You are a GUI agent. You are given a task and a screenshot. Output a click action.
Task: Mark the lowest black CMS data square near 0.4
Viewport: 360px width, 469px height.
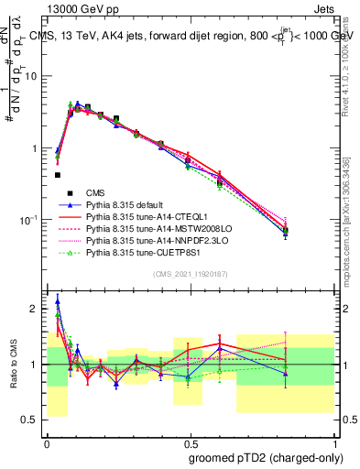point(58,174)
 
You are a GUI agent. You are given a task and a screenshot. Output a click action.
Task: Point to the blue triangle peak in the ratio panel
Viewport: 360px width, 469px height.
point(58,300)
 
